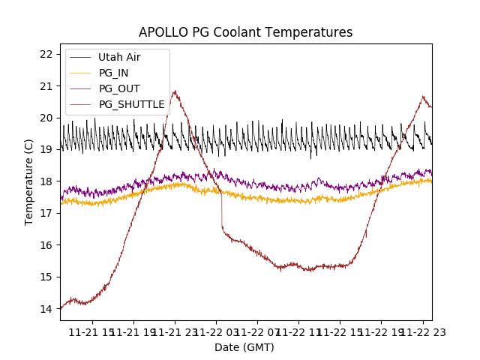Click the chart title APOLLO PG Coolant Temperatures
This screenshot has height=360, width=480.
(245, 32)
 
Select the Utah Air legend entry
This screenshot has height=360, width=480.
(119, 57)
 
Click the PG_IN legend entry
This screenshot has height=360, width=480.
(113, 73)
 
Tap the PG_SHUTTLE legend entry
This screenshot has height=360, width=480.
(131, 104)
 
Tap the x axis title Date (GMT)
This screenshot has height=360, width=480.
(244, 347)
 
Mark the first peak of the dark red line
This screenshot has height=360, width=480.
(175, 91)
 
